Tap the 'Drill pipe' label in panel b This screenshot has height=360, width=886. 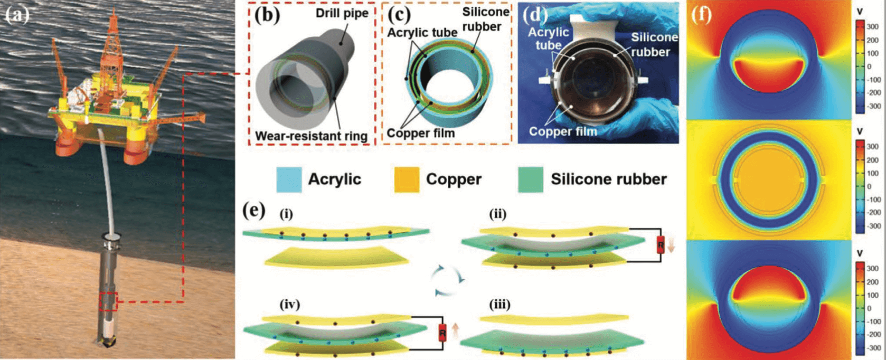342,13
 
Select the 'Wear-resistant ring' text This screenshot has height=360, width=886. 311,136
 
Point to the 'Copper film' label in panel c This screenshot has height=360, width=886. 420,133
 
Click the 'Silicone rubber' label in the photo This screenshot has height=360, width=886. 654,44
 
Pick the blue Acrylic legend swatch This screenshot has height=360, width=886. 289,179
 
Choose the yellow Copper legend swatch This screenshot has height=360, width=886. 407,179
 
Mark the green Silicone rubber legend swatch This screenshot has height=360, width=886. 531,179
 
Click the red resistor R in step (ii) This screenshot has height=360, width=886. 661,245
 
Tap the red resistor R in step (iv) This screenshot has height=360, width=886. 442,332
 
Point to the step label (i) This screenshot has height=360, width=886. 286,214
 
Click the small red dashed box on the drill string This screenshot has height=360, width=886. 109,301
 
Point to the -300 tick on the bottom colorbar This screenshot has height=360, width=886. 873,348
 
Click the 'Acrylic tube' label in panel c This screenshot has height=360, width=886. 422,33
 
